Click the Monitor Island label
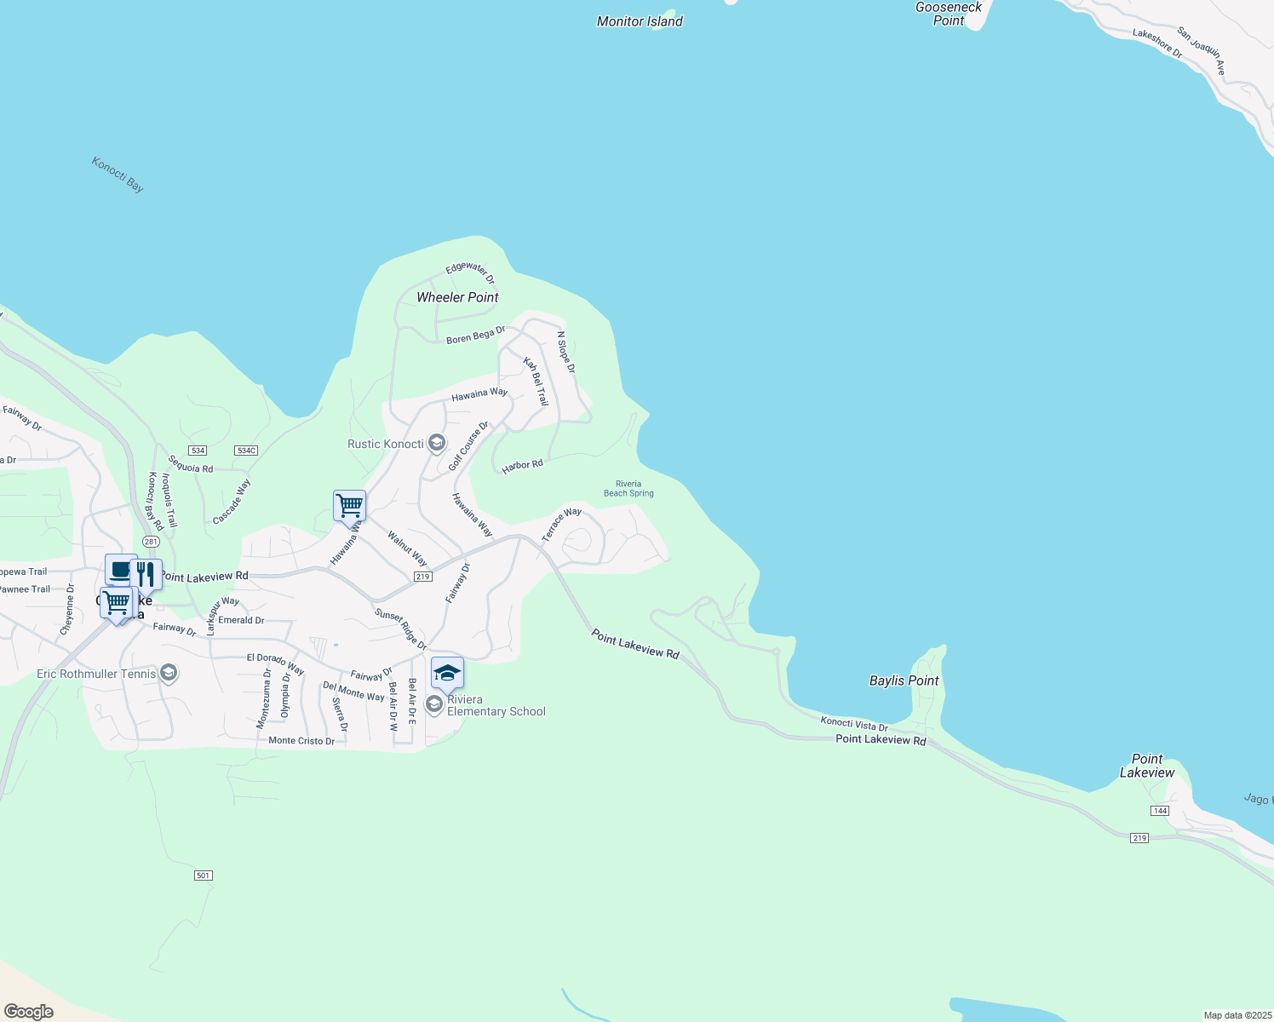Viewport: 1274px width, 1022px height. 640,21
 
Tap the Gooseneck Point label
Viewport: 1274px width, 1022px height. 949,14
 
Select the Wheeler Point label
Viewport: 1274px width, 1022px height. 457,297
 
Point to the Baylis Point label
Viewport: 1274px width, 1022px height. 904,680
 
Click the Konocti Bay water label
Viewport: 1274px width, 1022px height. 118,175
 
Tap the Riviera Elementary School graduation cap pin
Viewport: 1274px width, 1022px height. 447,673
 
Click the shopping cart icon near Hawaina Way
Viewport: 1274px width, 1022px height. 349,505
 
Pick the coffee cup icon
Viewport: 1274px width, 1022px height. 120,569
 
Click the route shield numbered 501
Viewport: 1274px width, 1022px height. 203,876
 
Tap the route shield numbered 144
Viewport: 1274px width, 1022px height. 1160,811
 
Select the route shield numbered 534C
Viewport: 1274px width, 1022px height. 246,451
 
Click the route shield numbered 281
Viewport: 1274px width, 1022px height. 151,542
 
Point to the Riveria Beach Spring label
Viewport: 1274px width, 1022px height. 628,489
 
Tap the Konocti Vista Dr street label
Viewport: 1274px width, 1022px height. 854,724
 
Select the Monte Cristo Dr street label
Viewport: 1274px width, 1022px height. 301,741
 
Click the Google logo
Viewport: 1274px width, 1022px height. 29,1012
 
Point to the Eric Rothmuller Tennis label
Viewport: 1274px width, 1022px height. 96,674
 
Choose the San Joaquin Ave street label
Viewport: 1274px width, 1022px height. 1202,50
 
